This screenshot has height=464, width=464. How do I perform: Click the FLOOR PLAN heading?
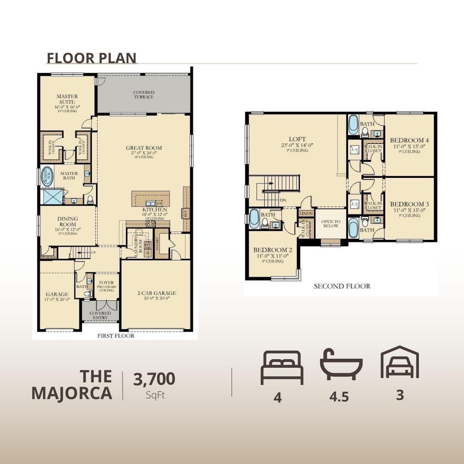click(92, 58)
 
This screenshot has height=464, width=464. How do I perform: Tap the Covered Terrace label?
click(143, 95)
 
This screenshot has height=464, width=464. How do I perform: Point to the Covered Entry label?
click(100, 316)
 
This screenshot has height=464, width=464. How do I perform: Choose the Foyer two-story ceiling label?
click(107, 286)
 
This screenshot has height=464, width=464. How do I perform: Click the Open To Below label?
click(331, 224)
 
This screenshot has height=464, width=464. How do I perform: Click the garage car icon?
click(400, 363)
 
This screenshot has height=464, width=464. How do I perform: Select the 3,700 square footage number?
click(154, 379)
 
